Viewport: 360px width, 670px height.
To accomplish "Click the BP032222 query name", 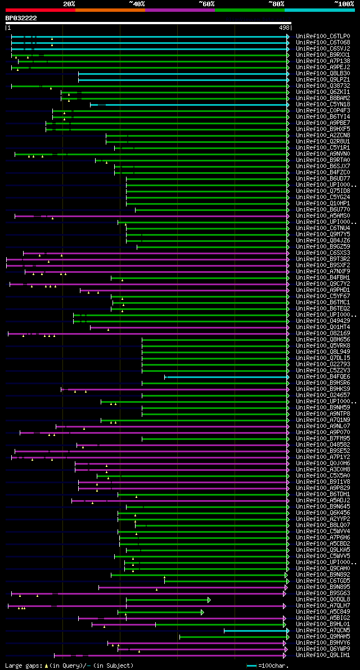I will click(x=21, y=18).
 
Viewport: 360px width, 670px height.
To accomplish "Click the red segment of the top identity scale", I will click(x=40, y=10).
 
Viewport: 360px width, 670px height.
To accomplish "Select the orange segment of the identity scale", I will click(x=110, y=10).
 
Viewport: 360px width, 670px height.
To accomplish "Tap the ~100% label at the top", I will click(x=344, y=3).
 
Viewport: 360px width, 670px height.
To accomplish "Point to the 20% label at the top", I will click(x=69, y=3).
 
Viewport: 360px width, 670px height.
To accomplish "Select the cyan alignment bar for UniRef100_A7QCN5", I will click(x=256, y=631).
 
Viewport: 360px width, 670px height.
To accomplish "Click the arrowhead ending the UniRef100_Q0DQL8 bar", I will click(x=209, y=600).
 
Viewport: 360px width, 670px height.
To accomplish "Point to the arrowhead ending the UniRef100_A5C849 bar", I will click(x=202, y=612).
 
